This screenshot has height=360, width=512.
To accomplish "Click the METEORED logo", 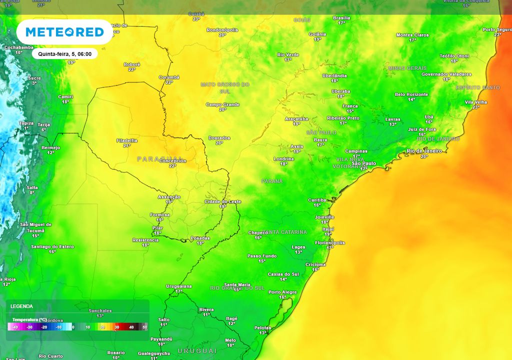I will (x=64, y=32).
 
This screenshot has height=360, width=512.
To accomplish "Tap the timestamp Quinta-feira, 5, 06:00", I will (x=65, y=53).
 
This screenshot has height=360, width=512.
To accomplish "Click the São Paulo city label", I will (x=364, y=163).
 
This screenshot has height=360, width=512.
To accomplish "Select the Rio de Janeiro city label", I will (x=424, y=151).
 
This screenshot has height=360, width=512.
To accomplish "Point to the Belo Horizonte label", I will (x=411, y=94).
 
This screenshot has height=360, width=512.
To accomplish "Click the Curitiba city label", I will (x=317, y=199).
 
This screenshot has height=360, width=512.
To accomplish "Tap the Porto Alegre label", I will (x=282, y=292).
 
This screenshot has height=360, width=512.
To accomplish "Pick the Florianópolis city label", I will (x=329, y=242).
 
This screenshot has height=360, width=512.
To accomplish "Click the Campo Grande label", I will (x=222, y=104).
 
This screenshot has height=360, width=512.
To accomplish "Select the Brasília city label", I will (x=341, y=17).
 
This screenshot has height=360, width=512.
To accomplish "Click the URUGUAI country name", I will (x=197, y=351).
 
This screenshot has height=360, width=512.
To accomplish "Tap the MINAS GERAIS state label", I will (x=407, y=68).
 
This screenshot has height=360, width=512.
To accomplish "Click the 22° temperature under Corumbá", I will (x=169, y=82).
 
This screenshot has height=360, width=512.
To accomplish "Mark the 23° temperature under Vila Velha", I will (x=475, y=107).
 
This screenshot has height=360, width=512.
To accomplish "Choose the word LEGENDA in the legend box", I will (x=21, y=306).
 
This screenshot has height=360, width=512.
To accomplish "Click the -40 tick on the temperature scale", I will (x=15, y=327).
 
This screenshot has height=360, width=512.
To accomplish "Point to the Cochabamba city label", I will (x=18, y=47).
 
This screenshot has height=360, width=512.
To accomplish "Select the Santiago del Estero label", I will (x=52, y=246).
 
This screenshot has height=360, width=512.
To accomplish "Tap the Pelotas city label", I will (x=262, y=327).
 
